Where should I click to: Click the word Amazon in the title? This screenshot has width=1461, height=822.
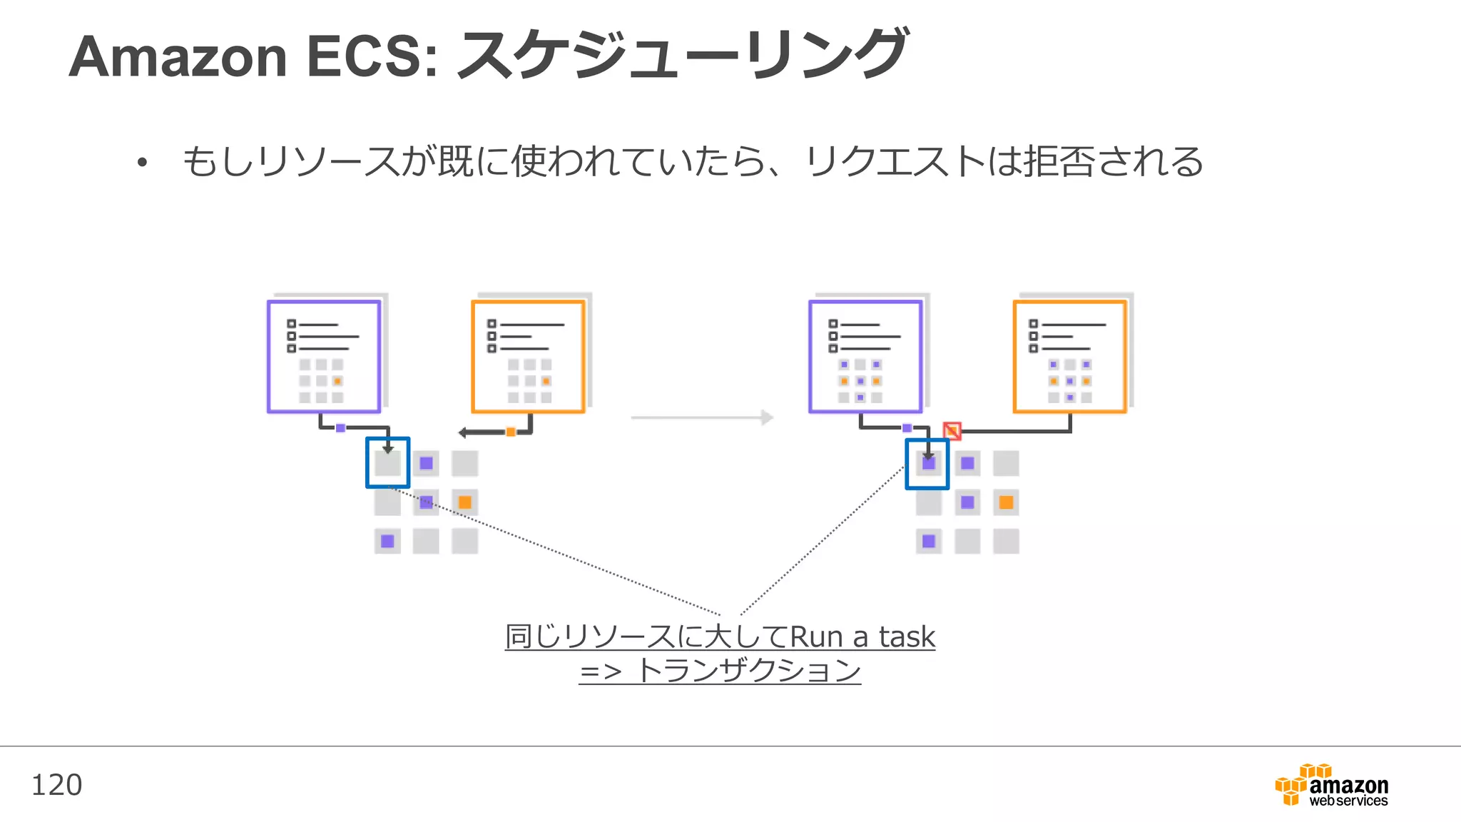coord(178,57)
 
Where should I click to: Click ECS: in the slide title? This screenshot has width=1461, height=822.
coord(372,57)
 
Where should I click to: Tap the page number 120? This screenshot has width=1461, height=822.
coord(56,785)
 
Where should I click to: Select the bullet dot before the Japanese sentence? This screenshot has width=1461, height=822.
coord(142,163)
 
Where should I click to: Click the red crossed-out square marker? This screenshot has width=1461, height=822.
coord(952,430)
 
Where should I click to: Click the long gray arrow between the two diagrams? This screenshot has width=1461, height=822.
coord(702,417)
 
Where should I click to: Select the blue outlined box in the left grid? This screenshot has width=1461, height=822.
coord(387,462)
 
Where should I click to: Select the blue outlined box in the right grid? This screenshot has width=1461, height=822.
coord(927,464)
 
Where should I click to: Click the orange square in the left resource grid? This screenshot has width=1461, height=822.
coord(464,502)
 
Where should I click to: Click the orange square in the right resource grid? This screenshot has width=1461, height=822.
coord(1006,502)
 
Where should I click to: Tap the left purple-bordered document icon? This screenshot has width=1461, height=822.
coord(324,356)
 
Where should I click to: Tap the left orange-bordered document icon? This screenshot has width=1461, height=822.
coord(528,356)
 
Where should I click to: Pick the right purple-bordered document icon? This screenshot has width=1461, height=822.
coord(865,356)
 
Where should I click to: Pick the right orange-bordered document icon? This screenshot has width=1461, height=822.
coord(1070,356)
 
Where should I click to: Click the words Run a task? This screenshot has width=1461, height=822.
coord(862,636)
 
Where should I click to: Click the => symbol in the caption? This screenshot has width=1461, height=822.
coord(600,671)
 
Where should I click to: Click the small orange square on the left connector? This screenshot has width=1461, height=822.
coord(511,432)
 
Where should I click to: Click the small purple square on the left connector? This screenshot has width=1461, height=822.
coord(340,428)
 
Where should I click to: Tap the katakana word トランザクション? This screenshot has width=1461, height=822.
coord(748,671)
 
